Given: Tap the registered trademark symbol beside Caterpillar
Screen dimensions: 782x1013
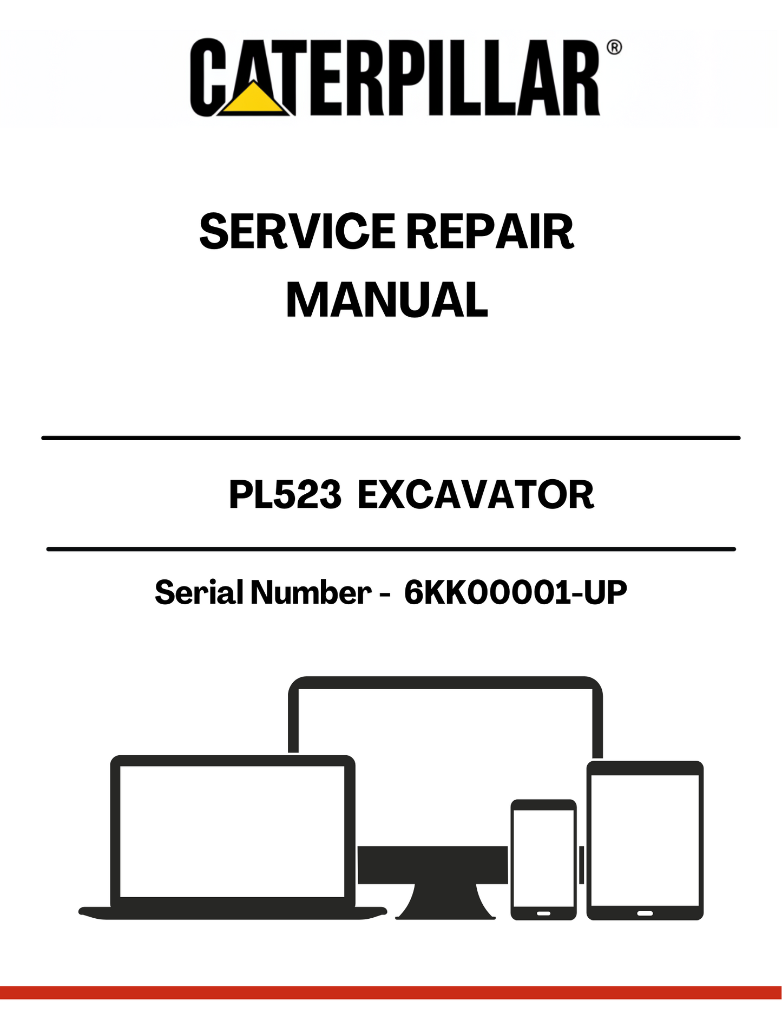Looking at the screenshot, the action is pos(614,47).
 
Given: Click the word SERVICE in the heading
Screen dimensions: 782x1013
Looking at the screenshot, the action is pos(298,232).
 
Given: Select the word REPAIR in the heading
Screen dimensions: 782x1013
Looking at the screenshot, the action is pos(490,232).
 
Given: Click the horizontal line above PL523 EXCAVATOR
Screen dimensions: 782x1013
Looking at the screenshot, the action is pos(391,437).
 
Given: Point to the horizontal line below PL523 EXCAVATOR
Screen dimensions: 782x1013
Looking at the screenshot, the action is pos(391,549).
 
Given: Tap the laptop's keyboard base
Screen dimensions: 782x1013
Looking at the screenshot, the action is pos(233,912).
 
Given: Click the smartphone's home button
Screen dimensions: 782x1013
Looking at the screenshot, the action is pos(543,913).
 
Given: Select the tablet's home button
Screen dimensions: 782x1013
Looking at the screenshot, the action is pos(645,913).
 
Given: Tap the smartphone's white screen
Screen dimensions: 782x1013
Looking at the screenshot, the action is pos(543,858).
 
